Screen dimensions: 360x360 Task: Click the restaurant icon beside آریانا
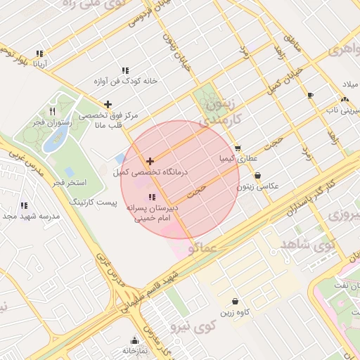(41, 53)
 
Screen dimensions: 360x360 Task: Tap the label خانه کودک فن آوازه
(125, 81)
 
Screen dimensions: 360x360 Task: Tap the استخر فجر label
(69, 182)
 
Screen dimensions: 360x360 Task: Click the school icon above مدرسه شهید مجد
(24, 205)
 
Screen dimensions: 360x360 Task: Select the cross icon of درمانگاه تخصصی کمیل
(150, 161)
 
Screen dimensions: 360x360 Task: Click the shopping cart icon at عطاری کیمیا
(238, 148)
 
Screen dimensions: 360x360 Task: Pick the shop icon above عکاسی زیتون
(257, 175)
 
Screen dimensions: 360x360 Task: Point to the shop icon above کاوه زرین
(234, 300)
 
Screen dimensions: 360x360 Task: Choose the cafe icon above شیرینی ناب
(310, 95)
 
